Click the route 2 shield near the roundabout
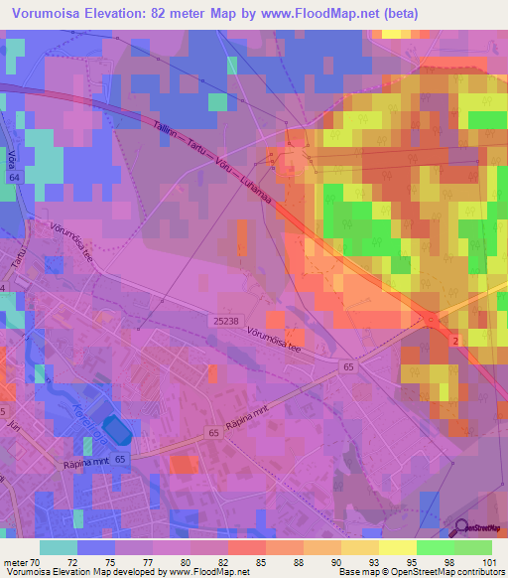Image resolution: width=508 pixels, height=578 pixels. tap(454, 341)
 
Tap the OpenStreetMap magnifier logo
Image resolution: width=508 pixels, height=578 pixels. tap(463, 529)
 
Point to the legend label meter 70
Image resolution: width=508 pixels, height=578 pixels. tap(20, 561)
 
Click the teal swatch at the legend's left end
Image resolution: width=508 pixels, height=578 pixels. tap(58, 547)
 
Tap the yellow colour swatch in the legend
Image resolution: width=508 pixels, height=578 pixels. tap(396, 547)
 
